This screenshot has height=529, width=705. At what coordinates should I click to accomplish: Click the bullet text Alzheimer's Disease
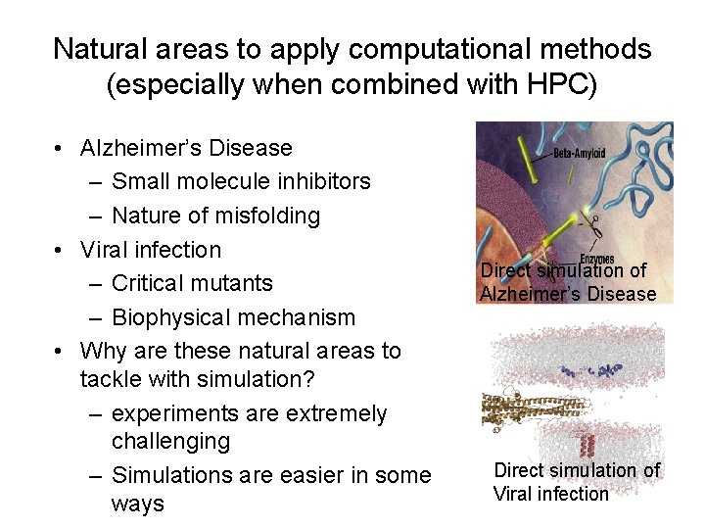186,148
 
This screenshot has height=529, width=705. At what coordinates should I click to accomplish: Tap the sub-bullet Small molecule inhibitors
241,181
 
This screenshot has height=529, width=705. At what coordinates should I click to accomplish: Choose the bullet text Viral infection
151,249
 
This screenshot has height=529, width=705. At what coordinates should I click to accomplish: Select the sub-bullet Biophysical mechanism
233,317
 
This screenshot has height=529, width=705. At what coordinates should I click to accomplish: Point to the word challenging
170,442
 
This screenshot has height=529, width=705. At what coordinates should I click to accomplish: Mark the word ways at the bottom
137,504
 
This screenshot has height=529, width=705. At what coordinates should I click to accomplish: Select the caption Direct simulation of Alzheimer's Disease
568,282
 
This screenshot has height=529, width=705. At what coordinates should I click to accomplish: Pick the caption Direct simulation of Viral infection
576,482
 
